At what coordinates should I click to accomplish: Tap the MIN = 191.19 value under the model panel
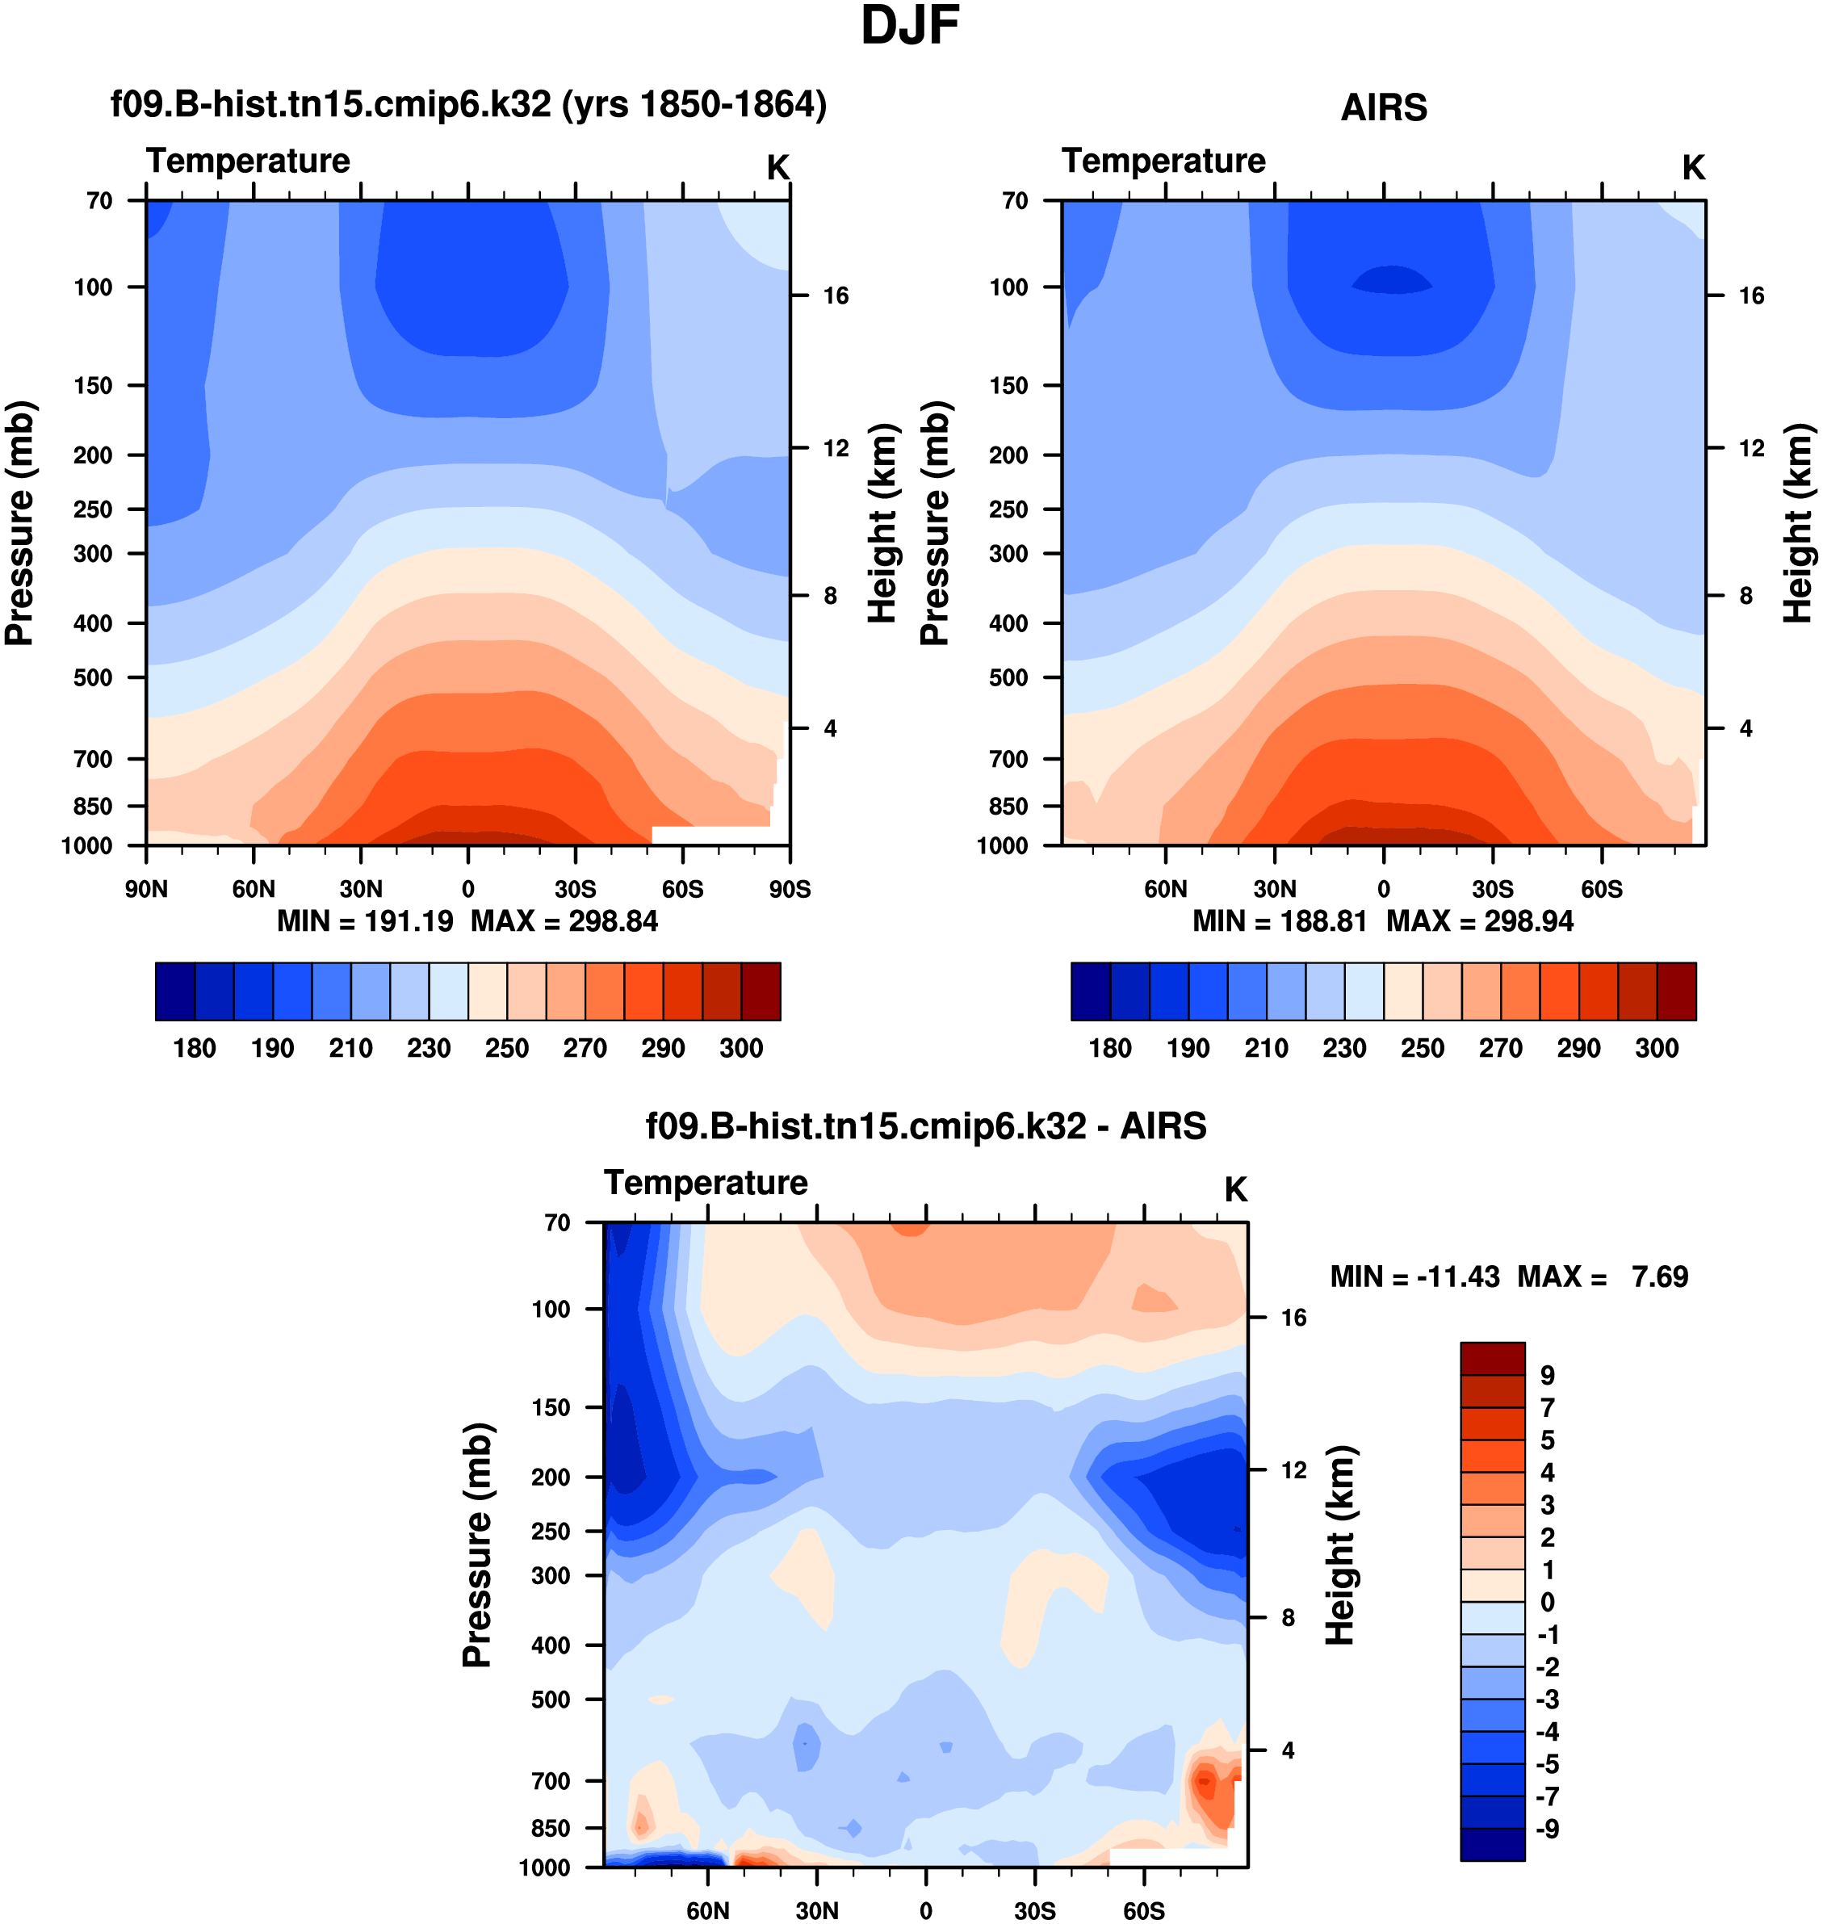(366, 921)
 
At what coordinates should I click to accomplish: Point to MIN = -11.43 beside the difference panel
(1414, 1276)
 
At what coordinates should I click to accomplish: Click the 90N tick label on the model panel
(146, 889)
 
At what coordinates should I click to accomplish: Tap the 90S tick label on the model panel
(789, 889)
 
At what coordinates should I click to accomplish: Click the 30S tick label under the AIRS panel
(1492, 889)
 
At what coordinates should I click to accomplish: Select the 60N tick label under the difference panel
(707, 1910)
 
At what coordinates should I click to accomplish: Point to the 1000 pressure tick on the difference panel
(544, 1867)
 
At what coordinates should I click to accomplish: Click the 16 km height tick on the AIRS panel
(1751, 296)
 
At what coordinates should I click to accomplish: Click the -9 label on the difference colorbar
(1547, 1829)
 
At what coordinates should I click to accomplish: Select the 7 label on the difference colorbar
(1547, 1407)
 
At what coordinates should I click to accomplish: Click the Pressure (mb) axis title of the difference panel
(477, 1545)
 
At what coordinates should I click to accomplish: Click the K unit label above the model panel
(777, 168)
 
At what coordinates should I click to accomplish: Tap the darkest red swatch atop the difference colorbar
(1492, 1359)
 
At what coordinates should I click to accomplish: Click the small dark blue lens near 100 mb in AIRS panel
(1392, 280)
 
